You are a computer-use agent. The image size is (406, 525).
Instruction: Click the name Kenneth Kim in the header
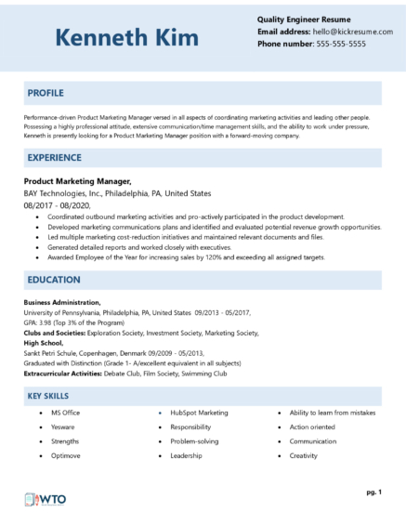(126, 38)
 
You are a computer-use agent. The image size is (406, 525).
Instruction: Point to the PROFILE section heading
(46, 93)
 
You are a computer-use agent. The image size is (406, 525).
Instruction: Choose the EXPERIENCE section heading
(55, 158)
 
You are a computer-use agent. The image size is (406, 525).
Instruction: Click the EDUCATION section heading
(53, 279)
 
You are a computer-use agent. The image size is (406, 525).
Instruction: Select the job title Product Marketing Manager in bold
(77, 182)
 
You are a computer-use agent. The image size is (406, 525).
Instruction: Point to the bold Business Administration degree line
(62, 303)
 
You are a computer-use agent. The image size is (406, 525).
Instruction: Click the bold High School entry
(45, 342)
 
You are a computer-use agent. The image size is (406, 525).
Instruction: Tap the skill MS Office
(65, 412)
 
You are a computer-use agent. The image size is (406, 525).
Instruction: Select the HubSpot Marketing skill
(199, 412)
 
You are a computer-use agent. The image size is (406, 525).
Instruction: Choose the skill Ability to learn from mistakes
(333, 412)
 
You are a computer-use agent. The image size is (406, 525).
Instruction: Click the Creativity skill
(304, 456)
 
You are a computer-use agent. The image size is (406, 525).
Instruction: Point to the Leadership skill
(186, 456)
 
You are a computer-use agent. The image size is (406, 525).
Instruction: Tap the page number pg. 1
(373, 491)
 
